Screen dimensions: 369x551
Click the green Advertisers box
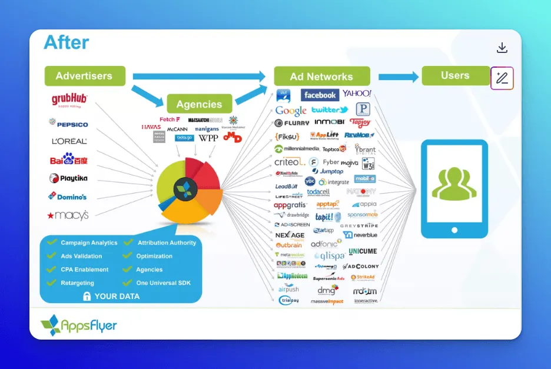tap(85, 76)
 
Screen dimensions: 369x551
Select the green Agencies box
tap(199, 104)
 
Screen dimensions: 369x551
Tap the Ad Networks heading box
tap(321, 77)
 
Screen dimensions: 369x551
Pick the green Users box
tap(455, 75)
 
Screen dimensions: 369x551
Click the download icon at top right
tap(502, 48)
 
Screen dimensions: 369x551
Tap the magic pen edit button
tap(502, 78)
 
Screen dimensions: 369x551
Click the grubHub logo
tap(69, 100)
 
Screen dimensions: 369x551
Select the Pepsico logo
tap(68, 124)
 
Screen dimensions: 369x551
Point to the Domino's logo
tap(68, 197)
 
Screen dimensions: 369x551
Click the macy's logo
tap(68, 215)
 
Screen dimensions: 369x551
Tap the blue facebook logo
tap(320, 95)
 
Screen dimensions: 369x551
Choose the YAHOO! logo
tap(357, 94)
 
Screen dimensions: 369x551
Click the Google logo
tap(291, 110)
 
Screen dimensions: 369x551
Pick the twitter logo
tap(329, 110)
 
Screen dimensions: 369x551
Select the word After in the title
tap(67, 42)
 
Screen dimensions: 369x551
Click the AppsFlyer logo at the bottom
tap(78, 325)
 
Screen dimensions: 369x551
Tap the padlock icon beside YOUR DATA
tap(87, 296)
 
